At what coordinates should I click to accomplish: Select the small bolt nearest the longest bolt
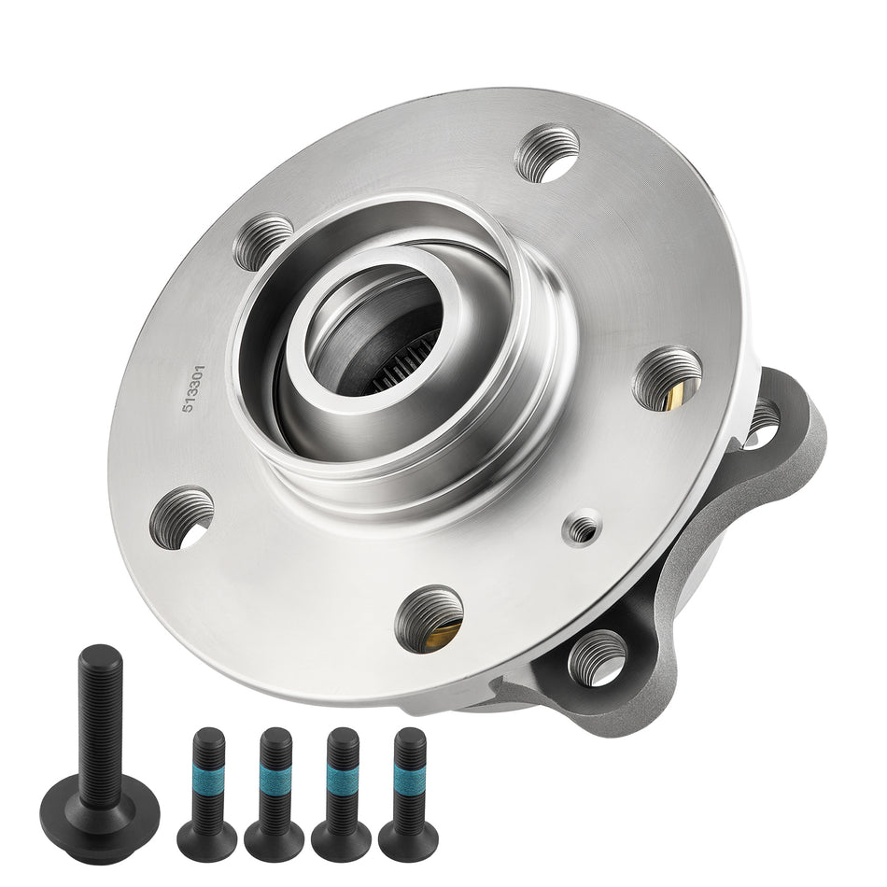coord(207,776)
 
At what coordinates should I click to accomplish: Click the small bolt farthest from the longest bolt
coord(408,776)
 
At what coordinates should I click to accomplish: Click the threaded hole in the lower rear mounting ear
coord(596,659)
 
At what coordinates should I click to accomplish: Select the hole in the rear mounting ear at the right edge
coord(762,420)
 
